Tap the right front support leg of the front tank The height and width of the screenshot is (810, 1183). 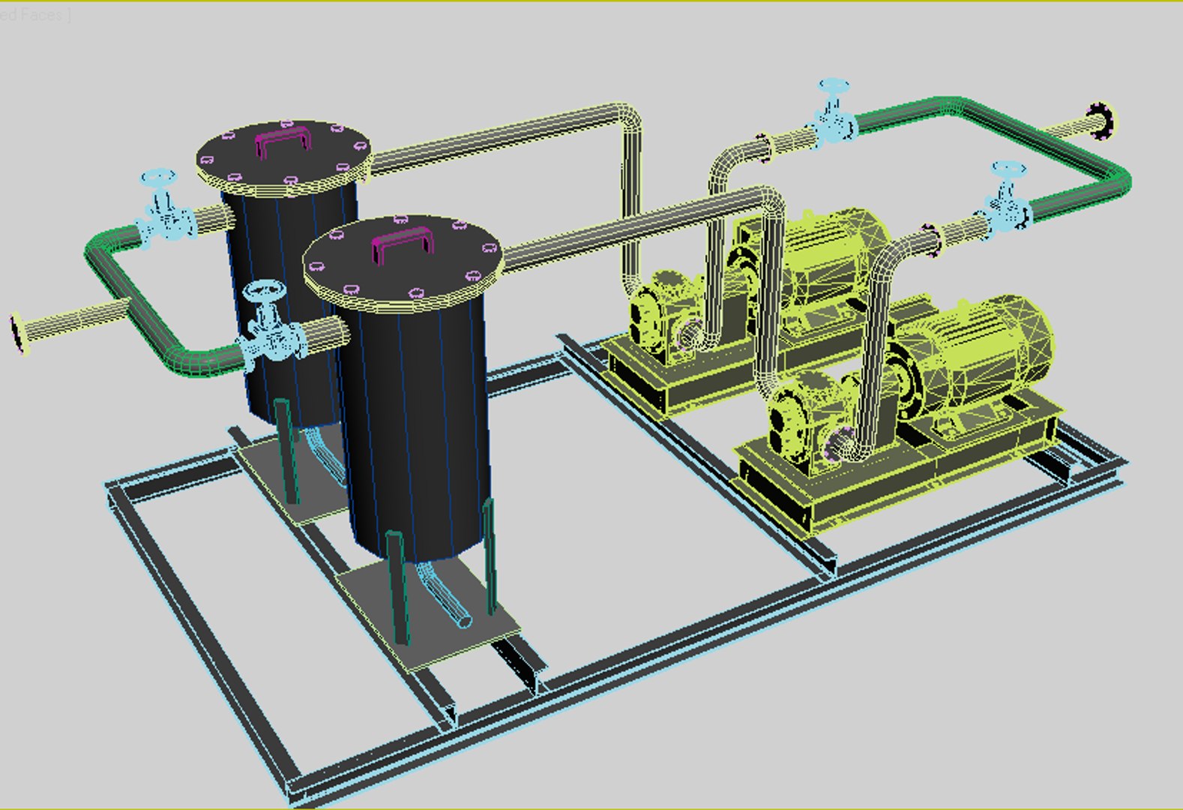[490, 555]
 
